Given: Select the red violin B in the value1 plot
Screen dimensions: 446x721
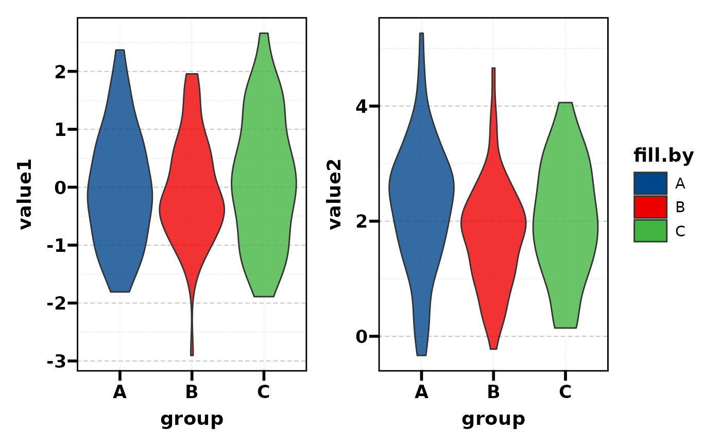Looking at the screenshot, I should pos(192,206).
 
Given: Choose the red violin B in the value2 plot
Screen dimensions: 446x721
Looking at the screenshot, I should pos(493,221).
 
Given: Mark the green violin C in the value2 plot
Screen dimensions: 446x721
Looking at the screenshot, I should pos(565,221).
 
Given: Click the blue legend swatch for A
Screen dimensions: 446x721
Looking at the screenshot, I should pos(650,183).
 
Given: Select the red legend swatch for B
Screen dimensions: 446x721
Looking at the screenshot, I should pos(650,207).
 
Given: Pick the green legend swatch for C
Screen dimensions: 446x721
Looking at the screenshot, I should pos(650,231).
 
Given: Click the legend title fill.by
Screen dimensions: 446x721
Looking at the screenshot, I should pos(663,156).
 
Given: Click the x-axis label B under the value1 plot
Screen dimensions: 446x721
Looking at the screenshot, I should pos(192,392).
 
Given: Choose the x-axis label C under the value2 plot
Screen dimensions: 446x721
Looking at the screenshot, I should pos(565,392).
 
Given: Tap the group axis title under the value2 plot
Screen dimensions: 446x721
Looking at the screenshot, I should pos(493,419).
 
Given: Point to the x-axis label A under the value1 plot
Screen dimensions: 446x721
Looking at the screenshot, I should pos(119,392).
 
